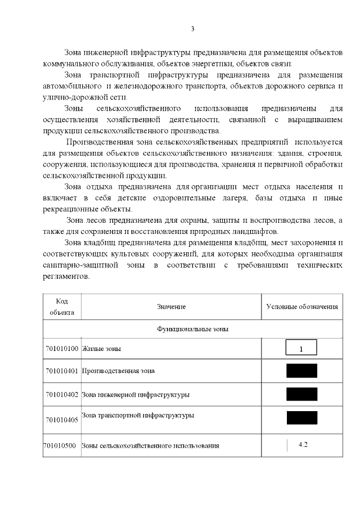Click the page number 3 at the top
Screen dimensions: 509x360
pos(192,29)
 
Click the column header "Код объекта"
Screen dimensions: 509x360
pos(62,307)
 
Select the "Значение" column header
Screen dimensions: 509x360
pos(171,307)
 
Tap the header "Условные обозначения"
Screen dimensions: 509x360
pos(301,307)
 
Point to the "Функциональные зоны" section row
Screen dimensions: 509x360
pos(192,328)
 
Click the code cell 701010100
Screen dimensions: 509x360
pos(62,349)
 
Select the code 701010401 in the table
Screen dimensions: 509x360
pos(62,371)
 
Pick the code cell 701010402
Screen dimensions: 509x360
pos(62,394)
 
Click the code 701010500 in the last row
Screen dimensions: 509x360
pos(62,445)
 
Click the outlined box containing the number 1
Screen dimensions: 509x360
pos(301,349)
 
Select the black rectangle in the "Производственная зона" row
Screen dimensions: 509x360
pos(301,371)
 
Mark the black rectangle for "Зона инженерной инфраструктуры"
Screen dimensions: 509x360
pos(301,394)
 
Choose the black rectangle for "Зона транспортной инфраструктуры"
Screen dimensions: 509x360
pos(301,417)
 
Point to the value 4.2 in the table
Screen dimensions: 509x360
pos(303,444)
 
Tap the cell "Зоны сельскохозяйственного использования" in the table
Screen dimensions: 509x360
pos(150,445)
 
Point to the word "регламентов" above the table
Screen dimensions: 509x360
pos(66,277)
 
